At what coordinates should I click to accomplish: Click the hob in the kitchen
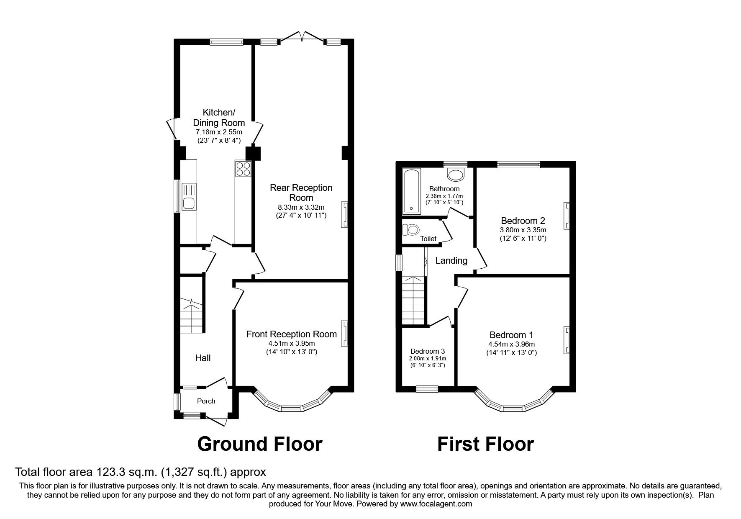click(x=243, y=169)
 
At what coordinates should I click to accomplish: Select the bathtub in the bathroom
click(x=411, y=190)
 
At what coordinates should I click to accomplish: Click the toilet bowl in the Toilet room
click(x=411, y=229)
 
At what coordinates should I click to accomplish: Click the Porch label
click(x=206, y=401)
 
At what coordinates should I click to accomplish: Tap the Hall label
click(x=203, y=358)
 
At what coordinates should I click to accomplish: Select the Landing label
click(x=451, y=261)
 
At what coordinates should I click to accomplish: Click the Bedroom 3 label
click(x=427, y=351)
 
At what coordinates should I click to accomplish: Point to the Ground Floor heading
click(x=259, y=444)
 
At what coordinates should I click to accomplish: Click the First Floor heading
click(x=485, y=444)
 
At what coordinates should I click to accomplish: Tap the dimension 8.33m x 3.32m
click(x=301, y=207)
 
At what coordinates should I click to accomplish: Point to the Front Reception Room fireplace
click(x=345, y=333)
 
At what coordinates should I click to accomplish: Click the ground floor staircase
click(x=192, y=315)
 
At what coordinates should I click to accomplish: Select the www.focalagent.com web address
click(x=436, y=504)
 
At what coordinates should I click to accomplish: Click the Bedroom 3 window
click(x=427, y=389)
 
